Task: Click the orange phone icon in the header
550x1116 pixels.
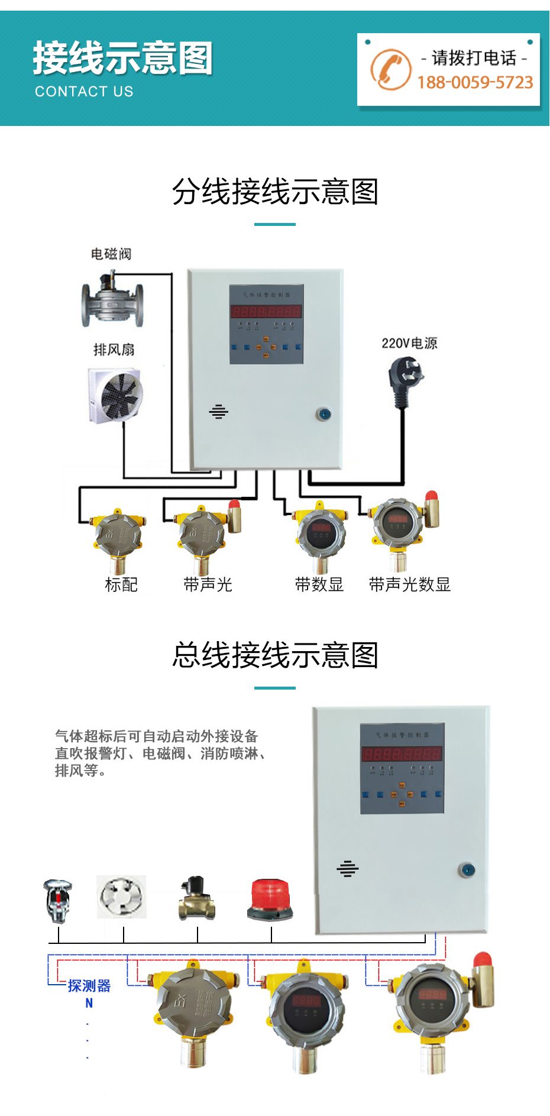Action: coord(390,69)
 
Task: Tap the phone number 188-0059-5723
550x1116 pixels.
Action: coord(475,82)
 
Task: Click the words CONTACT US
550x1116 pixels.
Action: coord(84,92)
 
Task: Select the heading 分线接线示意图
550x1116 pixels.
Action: coord(275,192)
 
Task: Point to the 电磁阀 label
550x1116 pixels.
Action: coord(111,254)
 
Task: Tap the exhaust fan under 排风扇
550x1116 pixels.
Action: coord(116,395)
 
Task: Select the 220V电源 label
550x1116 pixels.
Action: coord(409,343)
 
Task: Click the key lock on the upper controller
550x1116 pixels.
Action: coord(323,414)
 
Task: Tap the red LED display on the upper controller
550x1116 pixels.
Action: coord(266,311)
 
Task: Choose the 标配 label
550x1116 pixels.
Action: coord(121,585)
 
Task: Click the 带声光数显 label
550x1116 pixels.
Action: coord(409,585)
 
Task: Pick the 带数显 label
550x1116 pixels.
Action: coord(319,585)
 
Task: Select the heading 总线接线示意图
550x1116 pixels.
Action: coord(275,655)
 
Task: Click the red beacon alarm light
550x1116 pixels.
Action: coord(270,899)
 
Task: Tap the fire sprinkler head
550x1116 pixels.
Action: coord(58,900)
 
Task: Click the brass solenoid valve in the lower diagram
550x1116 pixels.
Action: coord(197,898)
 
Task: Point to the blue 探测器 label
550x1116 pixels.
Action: coord(89,986)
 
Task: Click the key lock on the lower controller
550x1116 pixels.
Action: coord(467,870)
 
